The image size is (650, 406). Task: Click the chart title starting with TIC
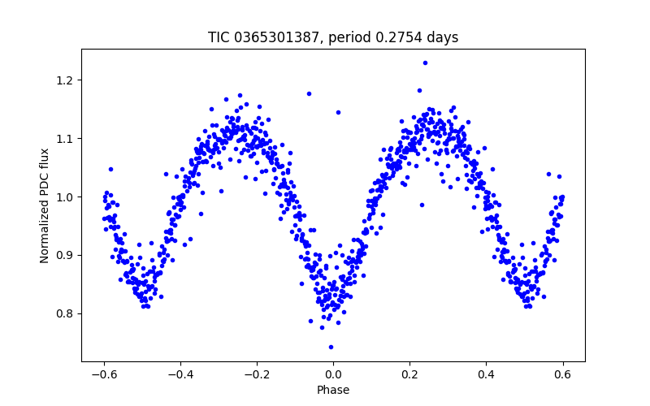pyautogui.click(x=333, y=37)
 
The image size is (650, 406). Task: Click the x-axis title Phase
pyautogui.click(x=333, y=391)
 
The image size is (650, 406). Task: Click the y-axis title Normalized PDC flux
pyautogui.click(x=45, y=205)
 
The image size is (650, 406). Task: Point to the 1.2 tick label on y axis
pyautogui.click(x=67, y=80)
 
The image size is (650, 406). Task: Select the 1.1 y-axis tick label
pyautogui.click(x=67, y=139)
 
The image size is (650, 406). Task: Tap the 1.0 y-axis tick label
pyautogui.click(x=67, y=197)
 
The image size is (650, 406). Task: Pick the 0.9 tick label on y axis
pyautogui.click(x=67, y=256)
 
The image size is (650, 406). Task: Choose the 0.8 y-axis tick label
pyautogui.click(x=67, y=314)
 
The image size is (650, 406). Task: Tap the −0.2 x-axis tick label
pyautogui.click(x=253, y=374)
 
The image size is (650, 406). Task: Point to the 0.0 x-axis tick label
pyautogui.click(x=333, y=374)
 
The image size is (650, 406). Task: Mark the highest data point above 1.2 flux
pyautogui.click(x=425, y=63)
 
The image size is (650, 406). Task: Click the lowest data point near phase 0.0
pyautogui.click(x=331, y=347)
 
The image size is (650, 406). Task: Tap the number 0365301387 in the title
pyautogui.click(x=276, y=37)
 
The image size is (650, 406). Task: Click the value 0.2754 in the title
pyautogui.click(x=406, y=37)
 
